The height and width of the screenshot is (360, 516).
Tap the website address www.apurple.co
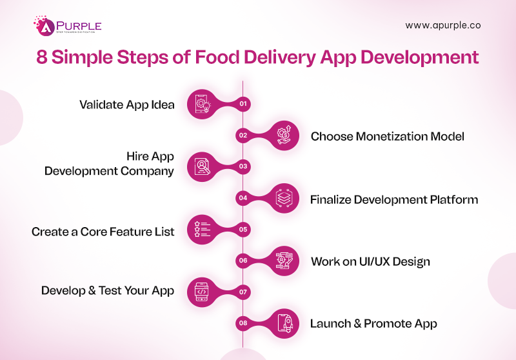[x=442, y=26]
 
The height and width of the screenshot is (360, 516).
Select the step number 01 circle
[x=243, y=103]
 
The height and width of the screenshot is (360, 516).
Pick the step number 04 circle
[x=243, y=197]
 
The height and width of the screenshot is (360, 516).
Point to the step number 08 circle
[x=243, y=323]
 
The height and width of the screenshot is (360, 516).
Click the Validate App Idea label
[x=127, y=105]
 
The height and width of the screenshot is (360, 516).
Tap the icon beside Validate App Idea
[x=202, y=103]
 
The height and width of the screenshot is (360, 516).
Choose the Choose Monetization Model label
[x=388, y=136]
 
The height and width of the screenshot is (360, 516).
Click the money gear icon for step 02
[x=284, y=135]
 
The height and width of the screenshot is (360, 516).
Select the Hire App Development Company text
[x=109, y=164]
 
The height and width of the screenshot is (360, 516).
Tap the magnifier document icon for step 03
[x=202, y=166]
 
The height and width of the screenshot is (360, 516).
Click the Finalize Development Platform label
[x=394, y=199]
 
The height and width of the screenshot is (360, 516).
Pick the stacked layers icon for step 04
[x=284, y=197]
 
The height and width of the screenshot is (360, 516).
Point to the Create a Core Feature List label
[x=103, y=231]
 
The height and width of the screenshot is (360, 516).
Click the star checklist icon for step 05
[x=202, y=228]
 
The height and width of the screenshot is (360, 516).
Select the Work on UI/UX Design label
[x=370, y=262]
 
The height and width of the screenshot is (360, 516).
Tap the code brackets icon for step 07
[x=202, y=291]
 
